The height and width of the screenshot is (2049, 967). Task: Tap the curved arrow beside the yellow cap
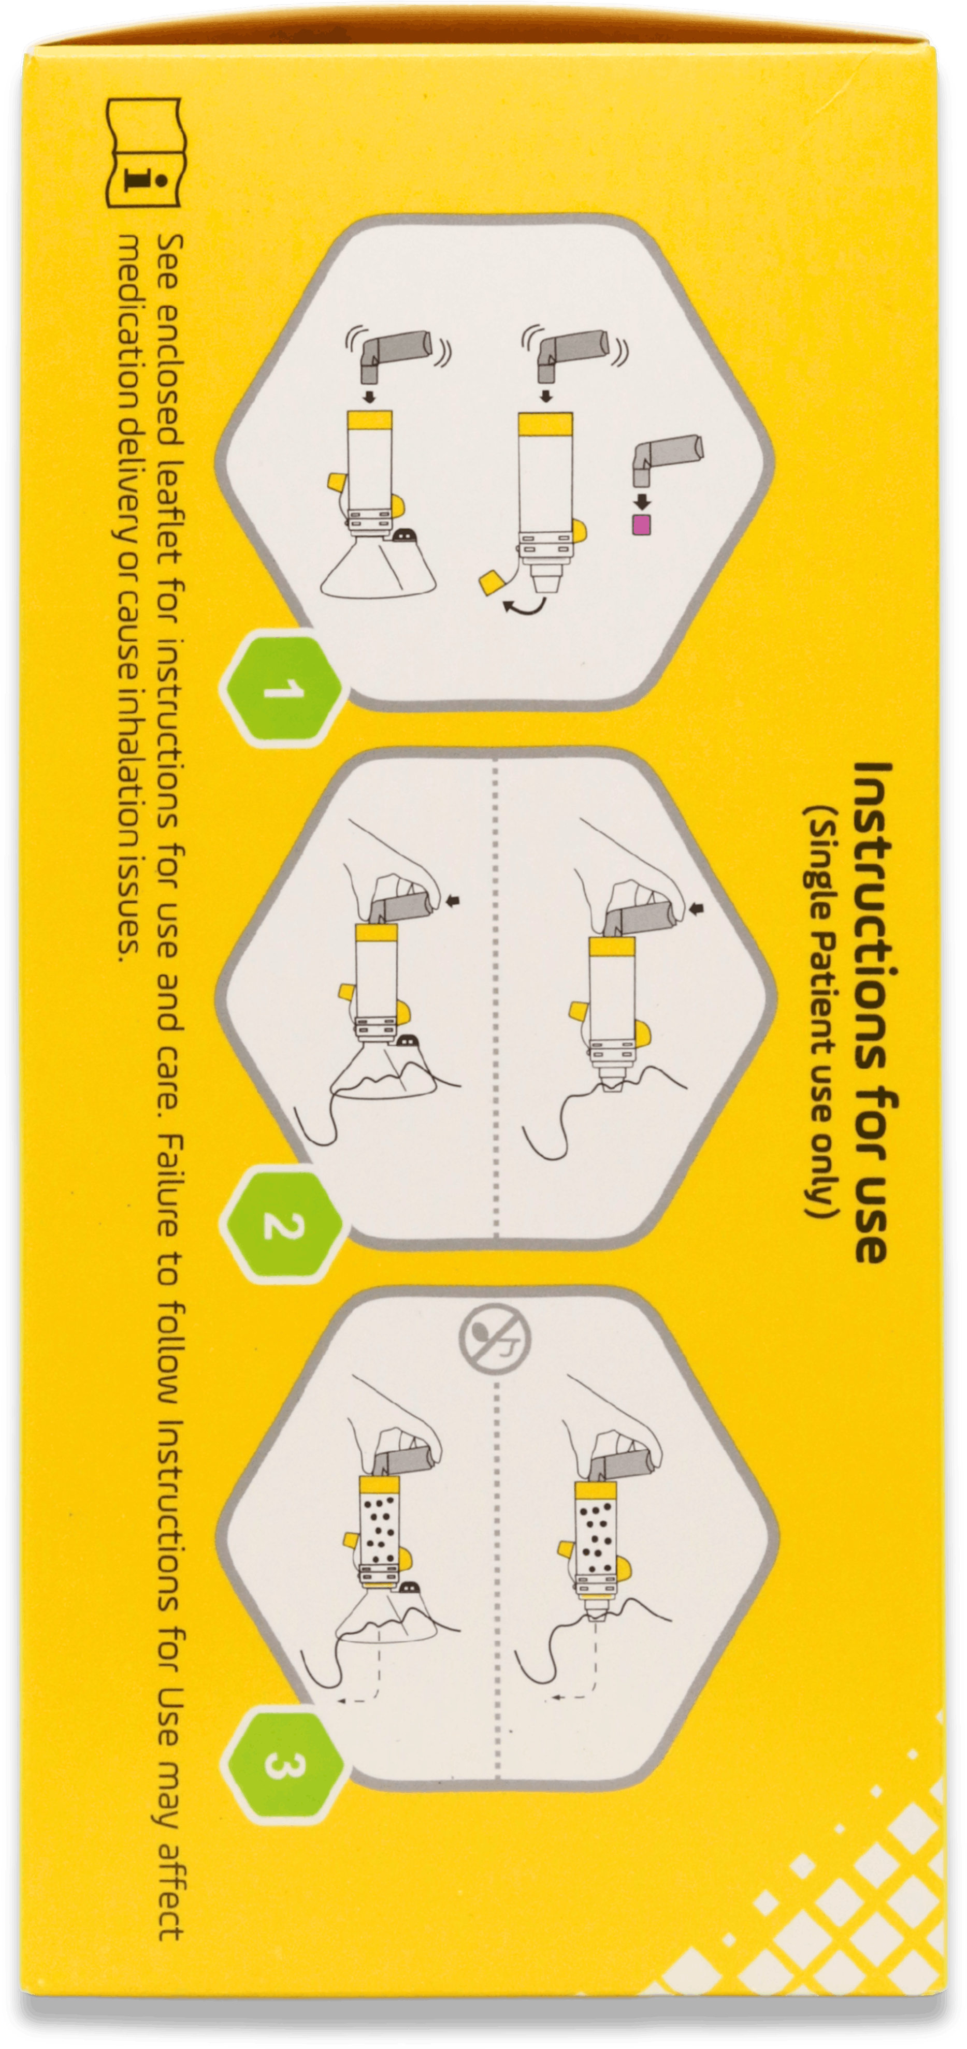click(x=525, y=607)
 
